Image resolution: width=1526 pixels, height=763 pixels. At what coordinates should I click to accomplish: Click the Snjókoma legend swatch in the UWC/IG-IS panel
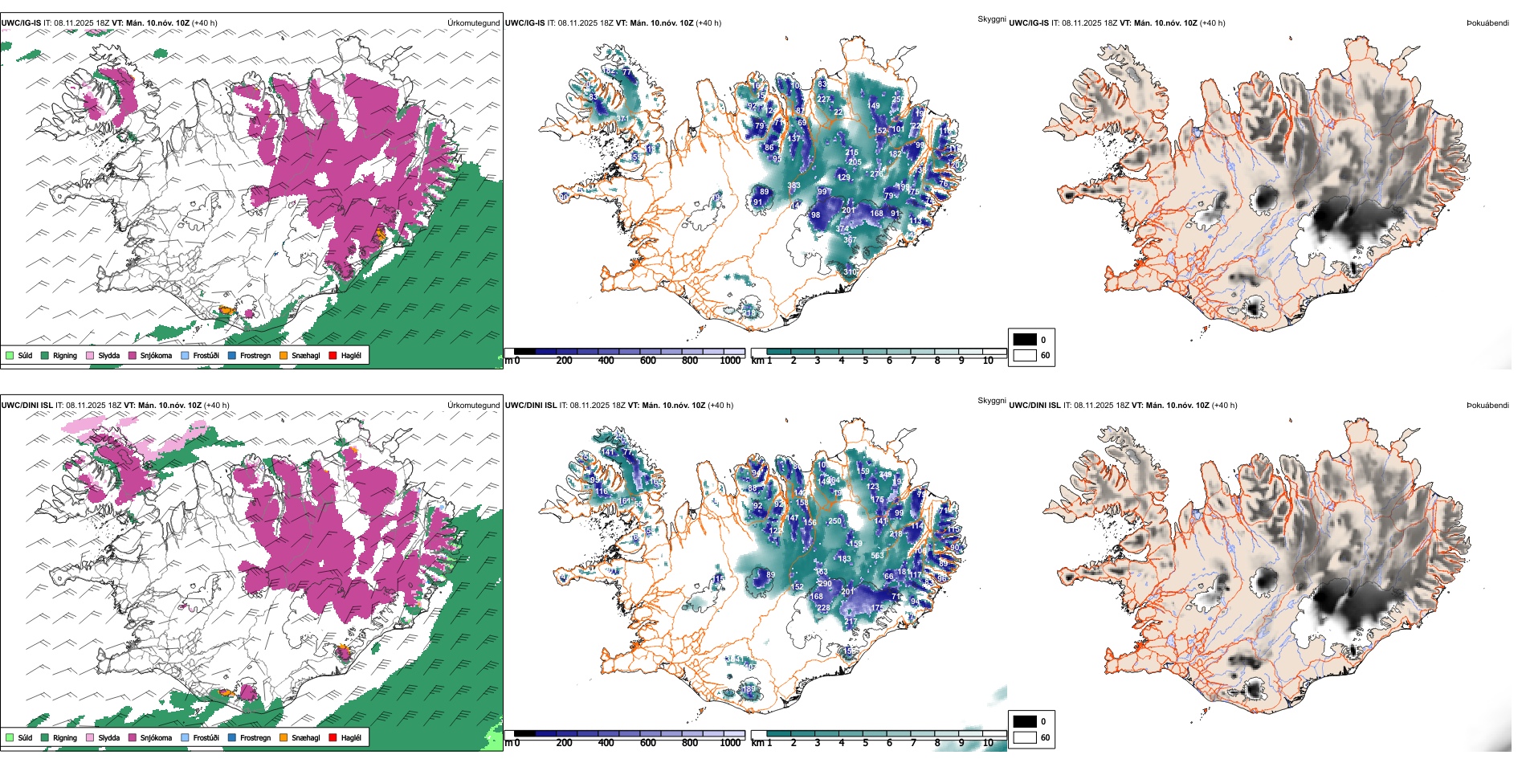(x=133, y=355)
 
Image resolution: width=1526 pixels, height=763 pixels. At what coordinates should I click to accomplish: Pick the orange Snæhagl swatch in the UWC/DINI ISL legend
(x=284, y=737)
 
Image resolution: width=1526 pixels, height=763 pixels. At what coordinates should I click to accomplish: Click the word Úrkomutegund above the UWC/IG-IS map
(x=473, y=22)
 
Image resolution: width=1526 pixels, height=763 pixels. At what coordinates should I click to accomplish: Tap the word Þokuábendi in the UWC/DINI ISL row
(x=1487, y=405)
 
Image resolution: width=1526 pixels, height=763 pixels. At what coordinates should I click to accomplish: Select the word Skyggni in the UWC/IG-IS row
(x=991, y=18)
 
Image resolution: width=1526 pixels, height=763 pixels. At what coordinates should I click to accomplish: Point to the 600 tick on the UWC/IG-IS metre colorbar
(x=647, y=361)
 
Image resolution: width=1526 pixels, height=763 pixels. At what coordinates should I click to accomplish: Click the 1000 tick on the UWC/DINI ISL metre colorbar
(x=730, y=743)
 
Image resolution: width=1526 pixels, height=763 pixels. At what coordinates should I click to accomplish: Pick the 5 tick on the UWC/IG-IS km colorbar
(x=865, y=361)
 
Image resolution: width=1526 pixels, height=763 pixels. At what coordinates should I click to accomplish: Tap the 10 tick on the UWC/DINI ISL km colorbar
(x=988, y=743)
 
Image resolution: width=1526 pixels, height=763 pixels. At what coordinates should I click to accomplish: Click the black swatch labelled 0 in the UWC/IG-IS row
(x=1025, y=340)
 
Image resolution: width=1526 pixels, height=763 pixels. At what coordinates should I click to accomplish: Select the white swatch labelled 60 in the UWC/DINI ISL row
(x=1025, y=737)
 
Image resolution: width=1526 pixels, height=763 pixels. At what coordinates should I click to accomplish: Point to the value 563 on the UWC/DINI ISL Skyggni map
(x=877, y=555)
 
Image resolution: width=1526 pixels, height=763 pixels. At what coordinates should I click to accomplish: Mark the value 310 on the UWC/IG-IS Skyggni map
(x=850, y=272)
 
